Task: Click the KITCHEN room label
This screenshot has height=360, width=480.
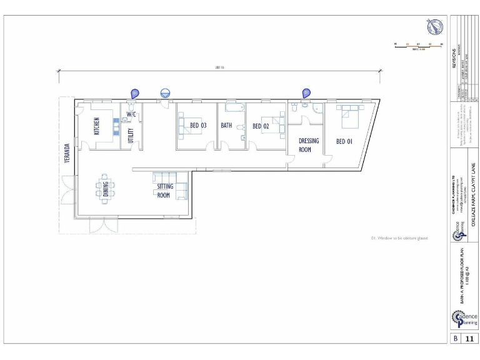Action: click(x=97, y=126)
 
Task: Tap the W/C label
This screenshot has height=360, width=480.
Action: click(x=132, y=114)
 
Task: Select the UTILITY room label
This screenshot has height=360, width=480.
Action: click(x=131, y=135)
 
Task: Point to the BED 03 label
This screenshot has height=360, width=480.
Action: click(x=198, y=126)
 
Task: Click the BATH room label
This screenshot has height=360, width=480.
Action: click(x=226, y=126)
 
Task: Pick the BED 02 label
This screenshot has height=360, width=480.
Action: click(x=261, y=126)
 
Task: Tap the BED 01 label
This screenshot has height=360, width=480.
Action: click(x=344, y=141)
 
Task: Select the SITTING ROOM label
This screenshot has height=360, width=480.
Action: click(x=163, y=191)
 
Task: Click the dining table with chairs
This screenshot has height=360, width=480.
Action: click(x=106, y=187)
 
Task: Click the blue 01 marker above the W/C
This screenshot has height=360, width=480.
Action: click(x=134, y=93)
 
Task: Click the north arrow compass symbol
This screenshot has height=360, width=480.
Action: click(x=435, y=27)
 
